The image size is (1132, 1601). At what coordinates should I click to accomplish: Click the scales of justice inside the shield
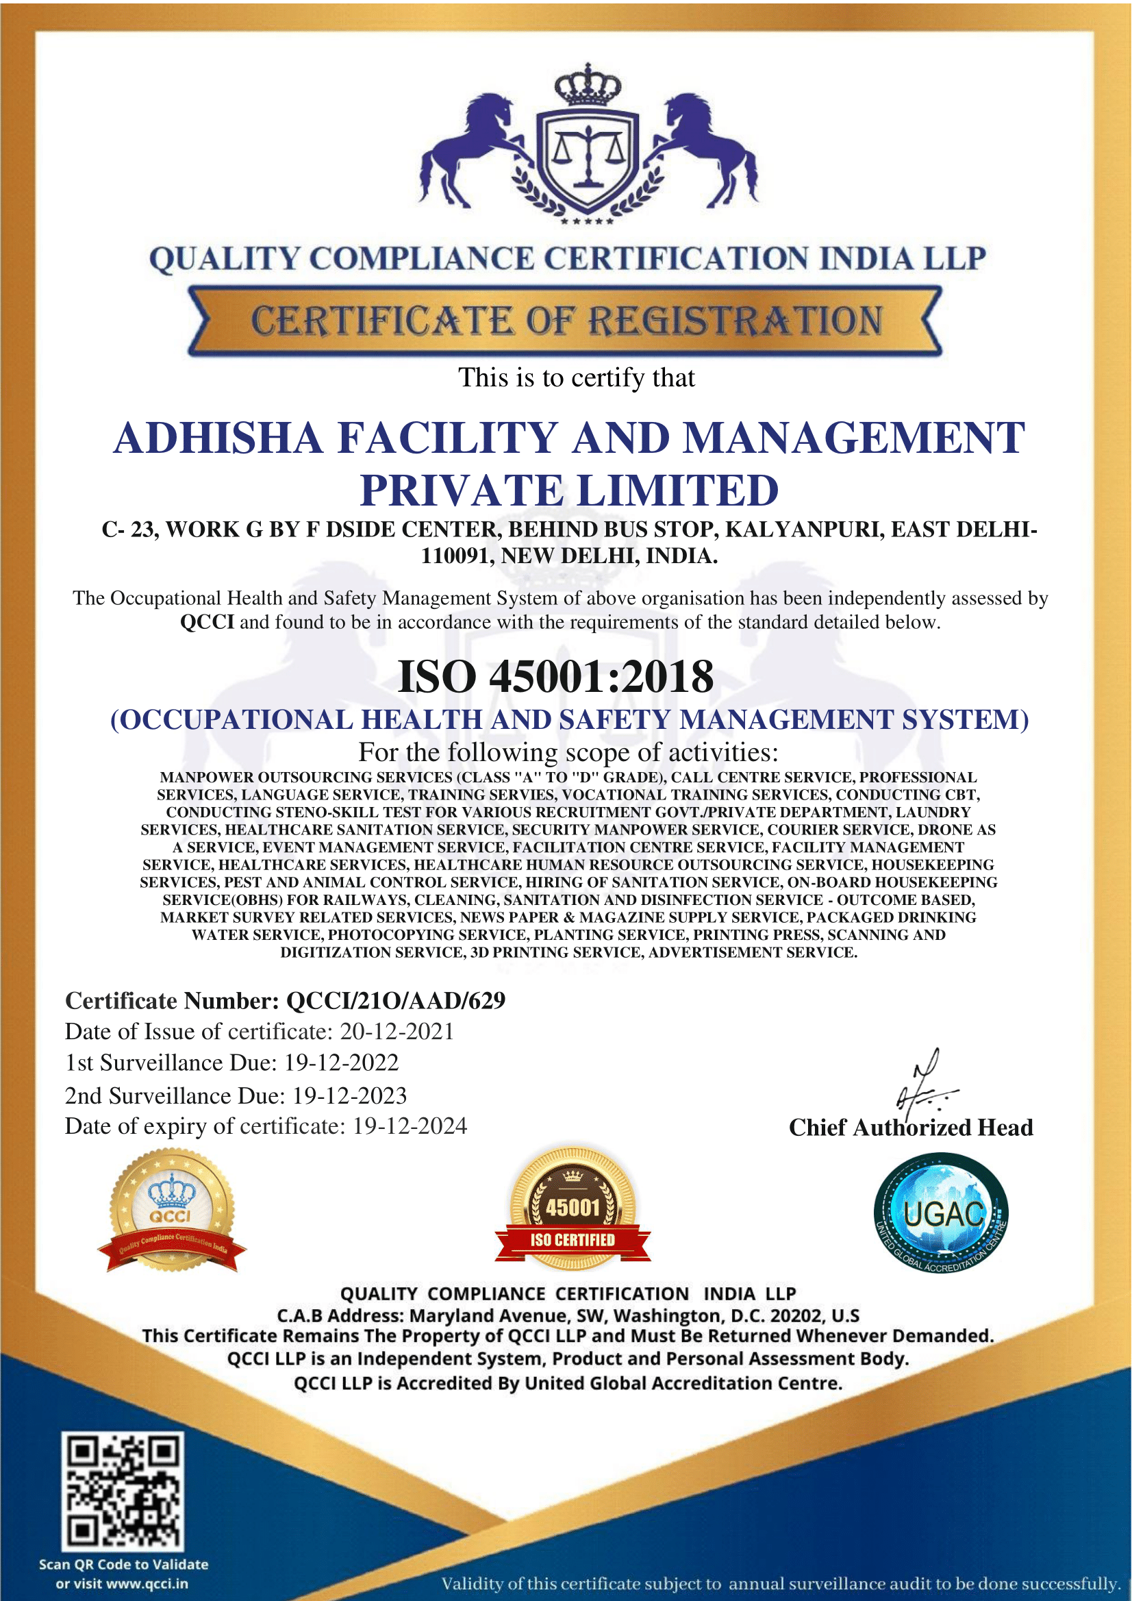(588, 156)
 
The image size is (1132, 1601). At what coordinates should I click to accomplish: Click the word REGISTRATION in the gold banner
(735, 321)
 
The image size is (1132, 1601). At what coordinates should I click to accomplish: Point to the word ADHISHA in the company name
(218, 438)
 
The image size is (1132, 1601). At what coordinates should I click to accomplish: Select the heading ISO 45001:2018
(555, 676)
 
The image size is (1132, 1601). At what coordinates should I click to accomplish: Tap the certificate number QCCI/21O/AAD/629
(396, 1001)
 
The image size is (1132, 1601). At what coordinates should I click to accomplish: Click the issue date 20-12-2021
(397, 1031)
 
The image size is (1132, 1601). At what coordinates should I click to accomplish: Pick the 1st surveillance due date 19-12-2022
(342, 1063)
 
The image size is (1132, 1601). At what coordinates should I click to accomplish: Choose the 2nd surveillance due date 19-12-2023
(349, 1095)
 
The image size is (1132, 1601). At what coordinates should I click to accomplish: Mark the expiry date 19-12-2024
(410, 1126)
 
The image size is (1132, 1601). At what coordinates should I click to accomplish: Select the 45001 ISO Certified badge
(573, 1210)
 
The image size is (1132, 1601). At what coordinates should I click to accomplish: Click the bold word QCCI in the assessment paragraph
(207, 622)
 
